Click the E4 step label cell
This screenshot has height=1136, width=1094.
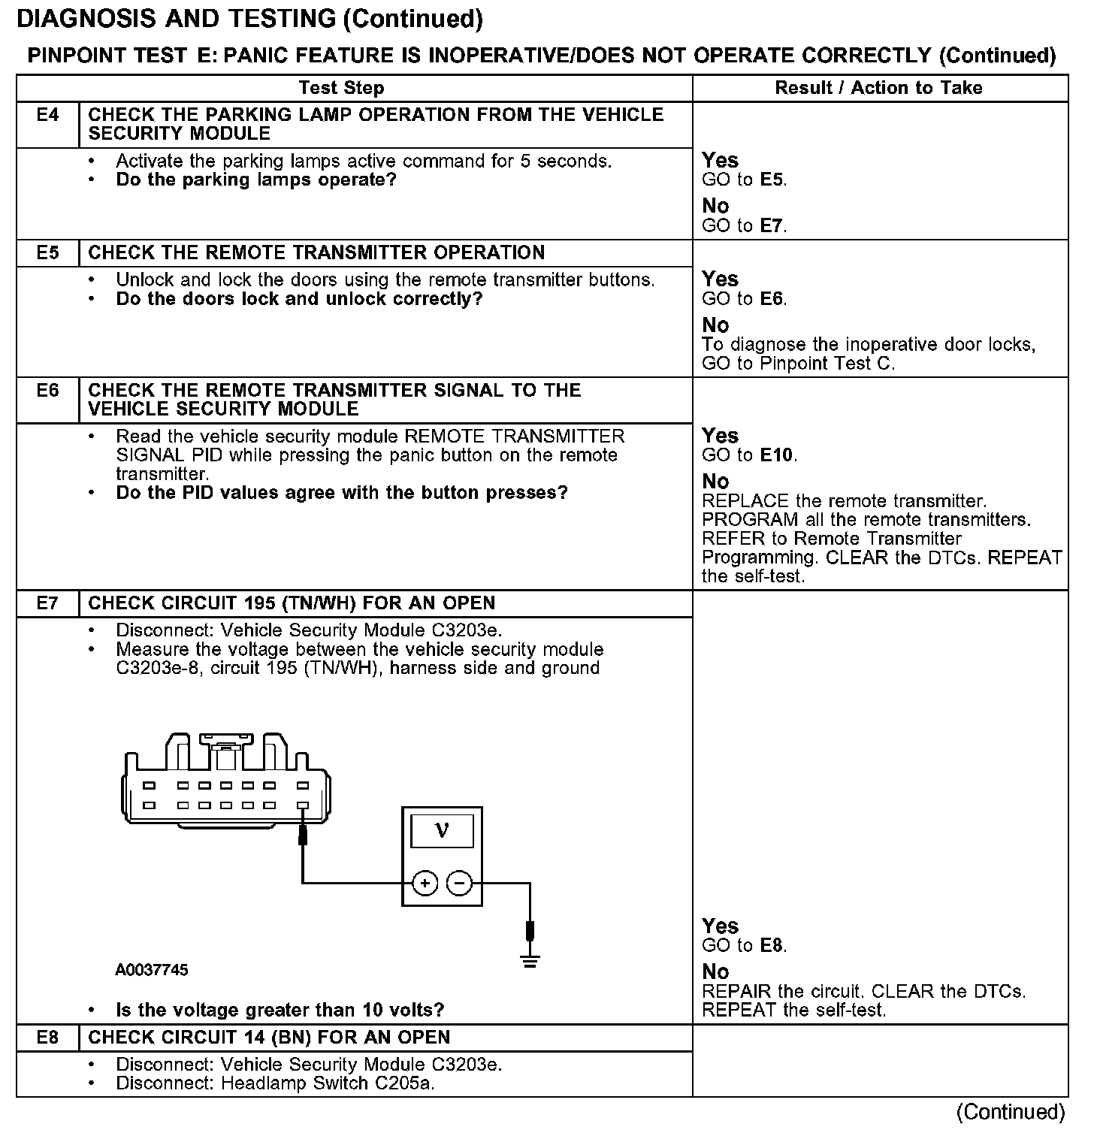pos(47,116)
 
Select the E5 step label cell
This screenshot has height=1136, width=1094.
pos(47,253)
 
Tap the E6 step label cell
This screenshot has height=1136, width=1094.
pos(47,391)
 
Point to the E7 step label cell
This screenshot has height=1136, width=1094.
pos(47,603)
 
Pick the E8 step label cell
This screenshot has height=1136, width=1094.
pos(47,1038)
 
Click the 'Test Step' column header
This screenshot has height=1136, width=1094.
pos(341,88)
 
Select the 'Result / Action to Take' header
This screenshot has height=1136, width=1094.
pos(878,88)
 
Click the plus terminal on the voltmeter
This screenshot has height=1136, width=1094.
pos(425,884)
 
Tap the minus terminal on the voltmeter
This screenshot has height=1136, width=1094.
pos(459,884)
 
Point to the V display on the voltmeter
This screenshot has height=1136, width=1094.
pos(442,831)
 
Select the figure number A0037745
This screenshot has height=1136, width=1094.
pos(152,970)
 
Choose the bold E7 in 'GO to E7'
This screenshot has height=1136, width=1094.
pos(772,225)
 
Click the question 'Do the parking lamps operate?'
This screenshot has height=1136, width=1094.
pos(255,180)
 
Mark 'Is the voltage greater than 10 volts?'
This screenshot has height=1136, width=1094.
pos(280,1010)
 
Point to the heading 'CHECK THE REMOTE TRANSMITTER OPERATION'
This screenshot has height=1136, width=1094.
pos(316,253)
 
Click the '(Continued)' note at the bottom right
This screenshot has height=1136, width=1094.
pos(1011,1112)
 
